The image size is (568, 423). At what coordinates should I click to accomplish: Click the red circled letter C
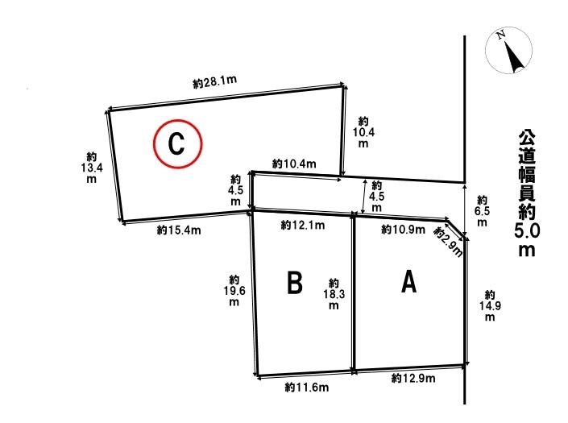click(178, 144)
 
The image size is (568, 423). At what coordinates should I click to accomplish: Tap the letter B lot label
click(295, 283)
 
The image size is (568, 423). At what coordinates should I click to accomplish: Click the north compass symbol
click(508, 52)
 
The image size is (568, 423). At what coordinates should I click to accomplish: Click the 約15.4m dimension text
click(179, 230)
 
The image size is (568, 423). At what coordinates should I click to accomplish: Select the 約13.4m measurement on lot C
click(92, 168)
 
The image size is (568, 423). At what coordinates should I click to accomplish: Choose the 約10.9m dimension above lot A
click(402, 230)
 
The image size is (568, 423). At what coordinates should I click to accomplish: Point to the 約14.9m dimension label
click(489, 305)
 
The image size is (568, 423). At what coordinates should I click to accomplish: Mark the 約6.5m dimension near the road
click(482, 210)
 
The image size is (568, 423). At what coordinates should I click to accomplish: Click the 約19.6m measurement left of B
click(234, 290)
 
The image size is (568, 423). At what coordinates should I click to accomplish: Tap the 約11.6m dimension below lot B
click(305, 388)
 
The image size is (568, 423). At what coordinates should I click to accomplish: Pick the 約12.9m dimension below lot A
click(413, 379)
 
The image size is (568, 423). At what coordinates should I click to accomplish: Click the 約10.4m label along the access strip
click(294, 164)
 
